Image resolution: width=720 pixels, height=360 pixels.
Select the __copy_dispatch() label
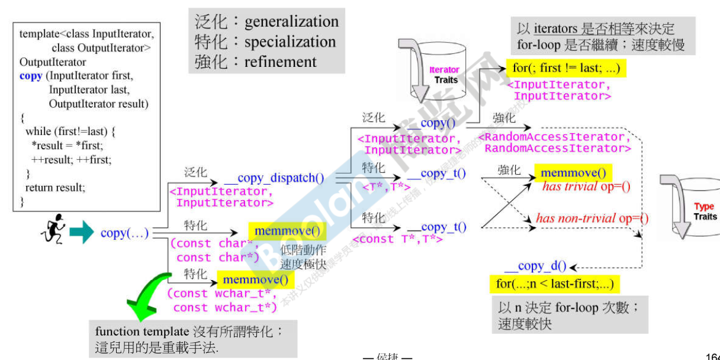click(274, 178)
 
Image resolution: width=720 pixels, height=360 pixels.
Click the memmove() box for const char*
click(288, 232)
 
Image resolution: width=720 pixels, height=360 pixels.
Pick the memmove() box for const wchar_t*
click(256, 279)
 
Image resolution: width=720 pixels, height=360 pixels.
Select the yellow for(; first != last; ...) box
click(566, 68)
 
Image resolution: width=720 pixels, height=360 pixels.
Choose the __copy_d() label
click(536, 266)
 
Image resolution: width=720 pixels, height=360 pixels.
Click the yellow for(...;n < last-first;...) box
click(554, 284)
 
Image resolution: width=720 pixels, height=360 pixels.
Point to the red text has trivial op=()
click(586, 187)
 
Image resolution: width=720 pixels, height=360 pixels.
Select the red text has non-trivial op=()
click(592, 218)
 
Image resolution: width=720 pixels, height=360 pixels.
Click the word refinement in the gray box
click(281, 62)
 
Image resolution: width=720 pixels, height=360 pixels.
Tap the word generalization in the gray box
click(291, 22)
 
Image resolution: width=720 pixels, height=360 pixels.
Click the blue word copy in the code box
click(31, 76)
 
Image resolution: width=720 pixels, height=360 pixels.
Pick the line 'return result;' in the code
click(55, 188)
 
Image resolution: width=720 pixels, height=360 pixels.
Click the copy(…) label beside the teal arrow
click(124, 233)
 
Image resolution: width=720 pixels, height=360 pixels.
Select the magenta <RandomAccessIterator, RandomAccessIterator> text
click(554, 143)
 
